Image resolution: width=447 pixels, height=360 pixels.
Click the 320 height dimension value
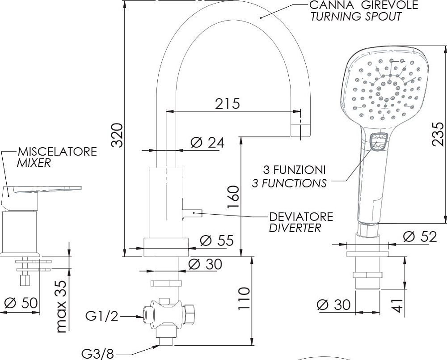coord(117,135)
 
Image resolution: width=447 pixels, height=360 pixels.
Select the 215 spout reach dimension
coord(228,103)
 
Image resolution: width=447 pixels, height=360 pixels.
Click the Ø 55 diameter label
coord(216,241)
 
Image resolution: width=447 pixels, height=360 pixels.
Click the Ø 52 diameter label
coord(419,237)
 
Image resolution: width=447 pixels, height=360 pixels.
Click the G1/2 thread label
coord(102,317)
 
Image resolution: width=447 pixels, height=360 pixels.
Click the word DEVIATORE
coord(301,217)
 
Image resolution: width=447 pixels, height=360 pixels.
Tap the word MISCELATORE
coord(57,151)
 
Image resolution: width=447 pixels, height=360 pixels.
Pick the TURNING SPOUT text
coord(356,17)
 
